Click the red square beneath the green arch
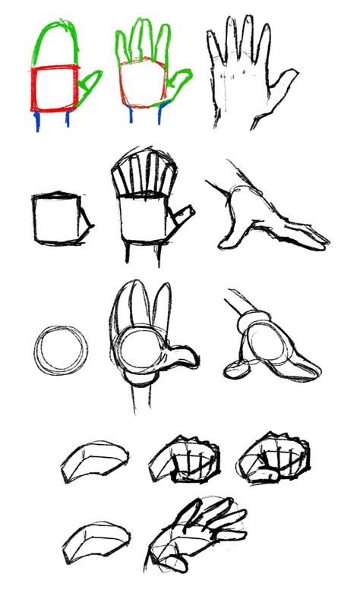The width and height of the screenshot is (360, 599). coord(55,90)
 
